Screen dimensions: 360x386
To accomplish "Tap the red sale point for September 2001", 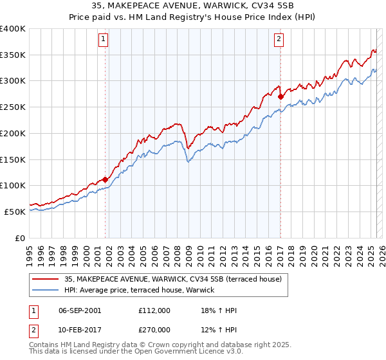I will coord(105,180).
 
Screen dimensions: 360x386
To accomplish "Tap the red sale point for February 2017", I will coord(280,97).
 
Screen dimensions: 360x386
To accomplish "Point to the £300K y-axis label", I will coord(13,81).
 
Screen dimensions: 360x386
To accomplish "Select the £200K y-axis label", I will coord(13,133).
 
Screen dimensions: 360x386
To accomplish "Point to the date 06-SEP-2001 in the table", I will coord(80,310).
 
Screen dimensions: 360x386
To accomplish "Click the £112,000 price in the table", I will coord(154,310).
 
